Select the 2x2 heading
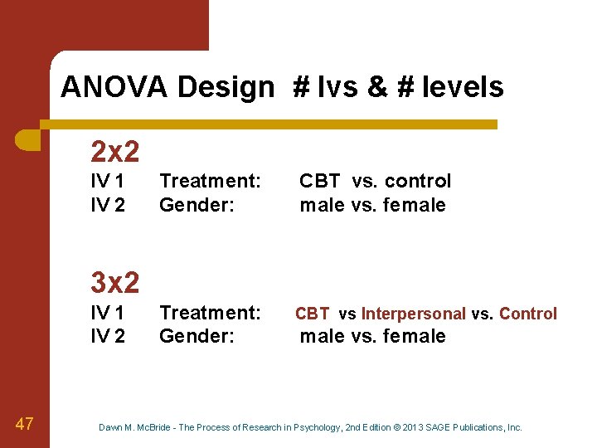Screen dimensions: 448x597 [114, 151]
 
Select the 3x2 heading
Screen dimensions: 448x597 [114, 283]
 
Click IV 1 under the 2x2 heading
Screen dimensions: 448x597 [108, 181]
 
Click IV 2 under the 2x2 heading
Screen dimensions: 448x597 [108, 204]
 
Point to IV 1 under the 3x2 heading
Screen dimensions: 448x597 [108, 313]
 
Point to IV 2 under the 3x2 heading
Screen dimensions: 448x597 [108, 336]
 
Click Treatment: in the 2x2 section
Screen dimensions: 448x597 [210, 181]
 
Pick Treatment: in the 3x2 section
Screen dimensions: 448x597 [210, 313]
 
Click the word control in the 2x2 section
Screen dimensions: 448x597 [418, 181]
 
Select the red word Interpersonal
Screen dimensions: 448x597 [413, 314]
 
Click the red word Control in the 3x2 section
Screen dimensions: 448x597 [528, 314]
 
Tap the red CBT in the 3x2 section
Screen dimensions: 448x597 [312, 314]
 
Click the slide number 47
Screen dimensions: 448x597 [24, 425]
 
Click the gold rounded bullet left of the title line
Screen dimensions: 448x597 [28, 139]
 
